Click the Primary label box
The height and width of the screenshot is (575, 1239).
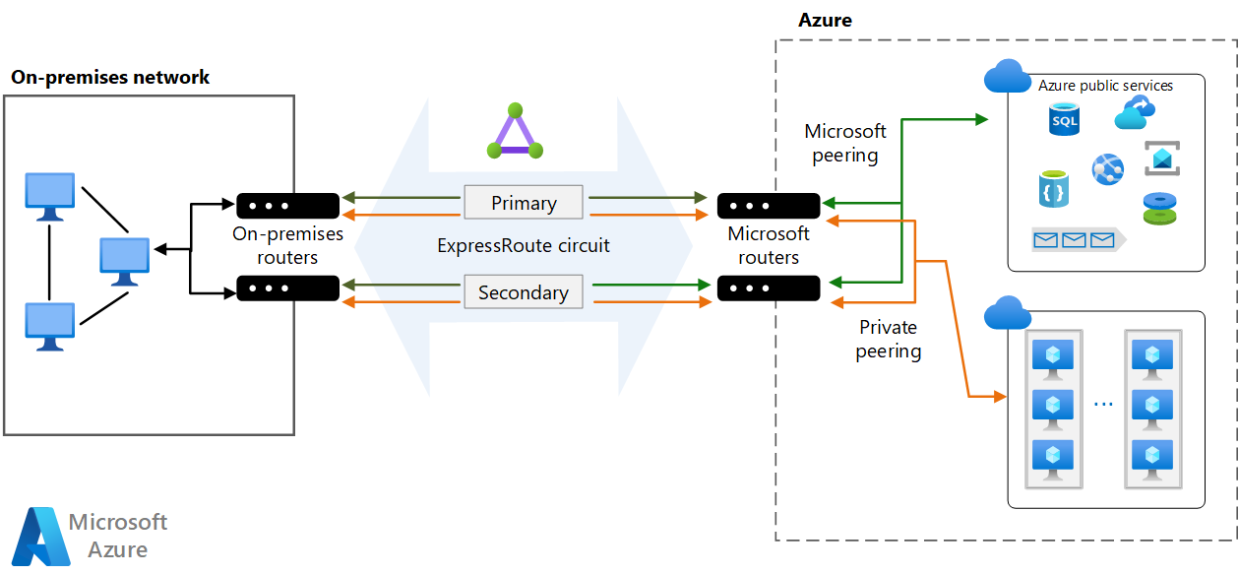pos(524,203)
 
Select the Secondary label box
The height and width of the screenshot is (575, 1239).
pos(524,292)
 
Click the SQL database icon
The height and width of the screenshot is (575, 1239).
pos(1064,120)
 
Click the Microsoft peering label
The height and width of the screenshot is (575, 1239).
pos(845,143)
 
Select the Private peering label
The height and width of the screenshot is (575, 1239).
pos(888,339)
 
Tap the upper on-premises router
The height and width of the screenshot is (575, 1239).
pos(287,206)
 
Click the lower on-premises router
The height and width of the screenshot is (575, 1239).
pos(287,288)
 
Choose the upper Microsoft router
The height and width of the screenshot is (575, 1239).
pos(769,206)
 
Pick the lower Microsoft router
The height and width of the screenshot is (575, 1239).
pos(769,288)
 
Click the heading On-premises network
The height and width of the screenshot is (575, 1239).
pos(110,77)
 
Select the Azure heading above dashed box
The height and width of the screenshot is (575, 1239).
pos(825,20)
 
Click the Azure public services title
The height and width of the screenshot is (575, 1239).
pos(1105,86)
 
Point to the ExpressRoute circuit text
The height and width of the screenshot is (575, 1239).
pos(524,246)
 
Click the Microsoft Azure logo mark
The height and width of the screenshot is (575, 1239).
pos(40,536)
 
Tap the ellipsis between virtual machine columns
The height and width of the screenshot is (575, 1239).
pos(1103,404)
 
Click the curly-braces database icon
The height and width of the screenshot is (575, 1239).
pos(1053,189)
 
